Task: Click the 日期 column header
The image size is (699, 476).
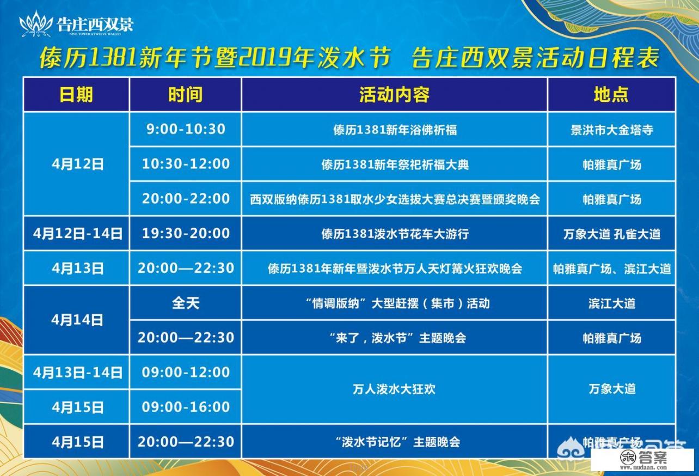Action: coord(76,95)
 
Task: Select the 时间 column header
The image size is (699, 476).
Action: coord(185,95)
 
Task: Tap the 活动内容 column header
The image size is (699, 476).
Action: coord(394,95)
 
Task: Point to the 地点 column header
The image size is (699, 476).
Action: coord(611,95)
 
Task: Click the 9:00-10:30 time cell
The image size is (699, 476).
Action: coord(186,129)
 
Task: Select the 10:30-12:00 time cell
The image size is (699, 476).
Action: coord(186,164)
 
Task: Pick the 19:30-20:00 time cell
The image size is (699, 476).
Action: coord(186,234)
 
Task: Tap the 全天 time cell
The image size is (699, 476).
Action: coord(186,303)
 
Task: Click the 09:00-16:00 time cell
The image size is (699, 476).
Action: coord(186,407)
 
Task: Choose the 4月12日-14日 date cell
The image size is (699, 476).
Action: coord(77,234)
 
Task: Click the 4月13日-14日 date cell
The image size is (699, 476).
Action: coord(77,373)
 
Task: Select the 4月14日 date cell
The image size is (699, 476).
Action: coord(77,320)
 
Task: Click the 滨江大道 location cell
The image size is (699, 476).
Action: coord(611,303)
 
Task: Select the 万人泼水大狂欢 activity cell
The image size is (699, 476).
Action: coord(394,389)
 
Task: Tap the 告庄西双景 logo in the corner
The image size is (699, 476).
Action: coord(76,25)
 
